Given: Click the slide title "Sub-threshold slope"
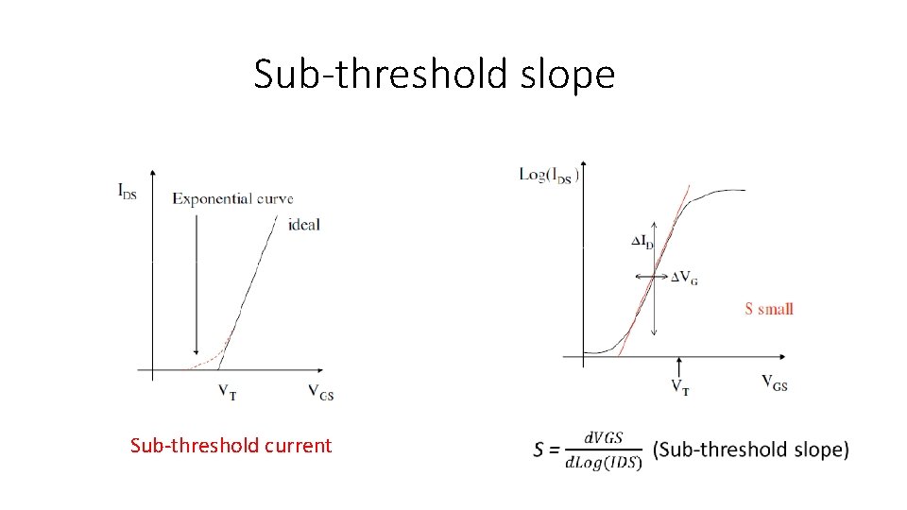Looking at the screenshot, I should click(434, 74).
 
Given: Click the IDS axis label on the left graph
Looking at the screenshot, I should click(128, 190).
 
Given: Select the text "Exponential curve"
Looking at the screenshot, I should click(232, 198).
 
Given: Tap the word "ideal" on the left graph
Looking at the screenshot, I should click(305, 225).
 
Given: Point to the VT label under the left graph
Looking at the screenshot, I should click(227, 391).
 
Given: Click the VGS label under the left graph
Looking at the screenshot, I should click(320, 391).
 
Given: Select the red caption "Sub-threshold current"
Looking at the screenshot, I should click(231, 445).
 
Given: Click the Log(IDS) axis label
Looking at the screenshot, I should click(549, 175).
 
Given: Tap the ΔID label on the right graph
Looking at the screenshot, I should click(642, 242).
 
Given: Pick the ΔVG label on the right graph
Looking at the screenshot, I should click(684, 278).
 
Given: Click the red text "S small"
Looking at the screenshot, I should click(768, 308).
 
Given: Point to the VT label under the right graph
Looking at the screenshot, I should click(679, 385).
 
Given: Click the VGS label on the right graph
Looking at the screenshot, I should click(775, 382).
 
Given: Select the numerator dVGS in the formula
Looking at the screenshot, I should click(604, 437).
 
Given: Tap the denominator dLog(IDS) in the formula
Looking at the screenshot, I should click(604, 461).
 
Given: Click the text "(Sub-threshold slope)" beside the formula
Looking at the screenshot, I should click(751, 450).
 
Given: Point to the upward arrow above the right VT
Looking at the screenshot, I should click(679, 366).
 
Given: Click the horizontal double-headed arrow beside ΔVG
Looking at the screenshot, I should click(652, 276).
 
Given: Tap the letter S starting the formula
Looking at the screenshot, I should click(539, 450).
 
